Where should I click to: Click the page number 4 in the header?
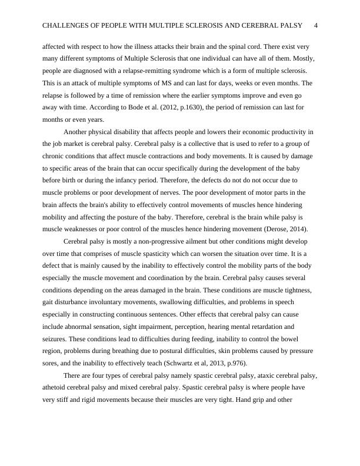pos(316,26)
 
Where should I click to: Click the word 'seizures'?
pos(55,339)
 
